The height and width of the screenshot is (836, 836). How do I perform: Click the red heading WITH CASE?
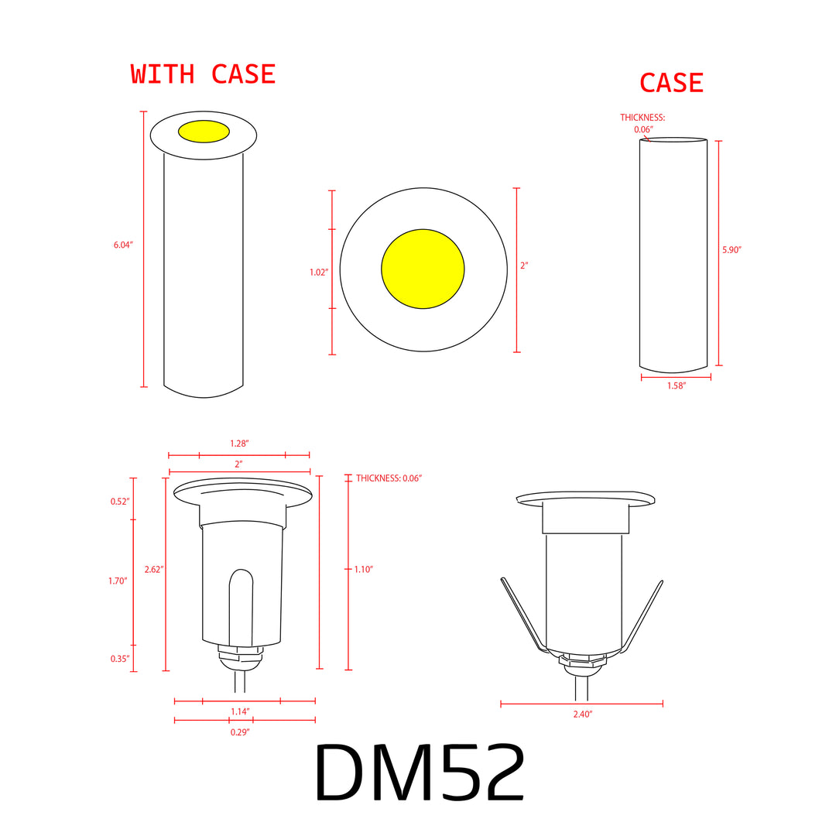coord(203,74)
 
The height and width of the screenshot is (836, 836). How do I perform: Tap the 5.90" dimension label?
coord(731,250)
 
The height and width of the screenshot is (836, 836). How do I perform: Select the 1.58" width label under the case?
coord(676,385)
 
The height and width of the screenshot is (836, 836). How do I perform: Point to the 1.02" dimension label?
coord(319,272)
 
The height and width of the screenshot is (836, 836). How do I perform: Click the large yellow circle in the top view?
coord(423,269)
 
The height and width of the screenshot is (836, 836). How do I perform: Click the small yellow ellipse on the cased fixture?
coord(204,132)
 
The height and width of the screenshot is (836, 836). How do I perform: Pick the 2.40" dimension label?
coord(582,714)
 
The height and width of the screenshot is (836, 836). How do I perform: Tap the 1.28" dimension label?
coord(239,444)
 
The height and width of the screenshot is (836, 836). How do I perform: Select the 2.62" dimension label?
coord(154,569)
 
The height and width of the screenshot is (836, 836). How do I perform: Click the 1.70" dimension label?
coord(118,581)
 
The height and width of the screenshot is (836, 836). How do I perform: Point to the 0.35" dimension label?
coord(119,659)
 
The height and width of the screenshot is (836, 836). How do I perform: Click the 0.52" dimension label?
coord(119,502)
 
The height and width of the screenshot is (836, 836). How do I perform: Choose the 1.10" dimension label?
coord(364,569)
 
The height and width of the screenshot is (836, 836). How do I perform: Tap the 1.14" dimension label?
coord(240,711)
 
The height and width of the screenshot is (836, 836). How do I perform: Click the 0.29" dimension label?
coord(240,731)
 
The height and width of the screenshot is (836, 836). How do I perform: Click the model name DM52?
coord(420,774)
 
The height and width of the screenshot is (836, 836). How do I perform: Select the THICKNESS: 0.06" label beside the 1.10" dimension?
coord(389,478)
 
